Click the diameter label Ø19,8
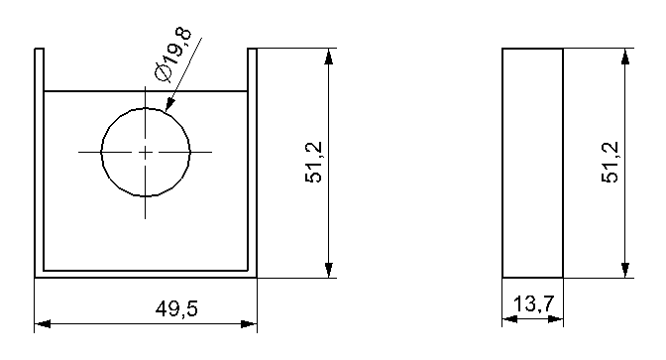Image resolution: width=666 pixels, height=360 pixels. coord(173,55)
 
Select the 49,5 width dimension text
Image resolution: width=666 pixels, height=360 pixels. coord(176,308)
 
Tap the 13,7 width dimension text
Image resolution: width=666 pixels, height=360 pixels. coord(534,304)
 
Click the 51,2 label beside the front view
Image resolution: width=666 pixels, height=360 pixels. coord(314,163)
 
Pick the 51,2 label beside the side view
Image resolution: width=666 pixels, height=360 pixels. coord(610,163)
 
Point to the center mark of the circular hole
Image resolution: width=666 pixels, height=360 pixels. coord(146,152)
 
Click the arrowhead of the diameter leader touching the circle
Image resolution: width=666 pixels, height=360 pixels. coord(169,104)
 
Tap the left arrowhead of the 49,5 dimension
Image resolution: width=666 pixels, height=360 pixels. coord(43,324)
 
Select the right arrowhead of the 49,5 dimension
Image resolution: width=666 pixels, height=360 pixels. coord(249,324)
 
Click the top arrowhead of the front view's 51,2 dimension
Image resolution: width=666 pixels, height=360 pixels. coord(328,57)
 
